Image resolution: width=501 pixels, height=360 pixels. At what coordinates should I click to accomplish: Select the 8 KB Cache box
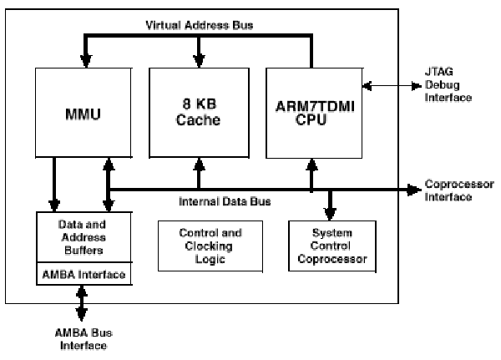199,114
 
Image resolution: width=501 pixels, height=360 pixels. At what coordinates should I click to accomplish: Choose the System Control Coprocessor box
327,246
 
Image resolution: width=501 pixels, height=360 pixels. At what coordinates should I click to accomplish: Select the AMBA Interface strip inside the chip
82,275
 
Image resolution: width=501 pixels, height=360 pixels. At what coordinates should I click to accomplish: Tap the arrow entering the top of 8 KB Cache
199,61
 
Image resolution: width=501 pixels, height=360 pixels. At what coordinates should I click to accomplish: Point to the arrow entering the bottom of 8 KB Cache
199,167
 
